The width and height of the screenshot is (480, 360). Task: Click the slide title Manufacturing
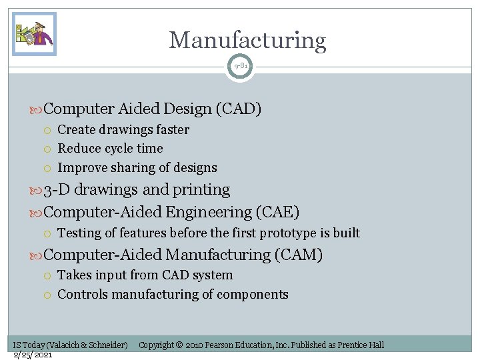pyautogui.click(x=247, y=41)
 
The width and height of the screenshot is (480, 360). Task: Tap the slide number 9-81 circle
pyautogui.click(x=240, y=67)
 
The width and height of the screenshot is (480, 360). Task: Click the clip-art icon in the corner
pyautogui.click(x=34, y=34)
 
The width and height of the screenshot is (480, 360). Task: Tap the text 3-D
pyautogui.click(x=57, y=190)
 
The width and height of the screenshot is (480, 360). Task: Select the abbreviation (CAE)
pyautogui.click(x=277, y=212)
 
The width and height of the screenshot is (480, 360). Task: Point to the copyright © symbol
pyautogui.click(x=179, y=345)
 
